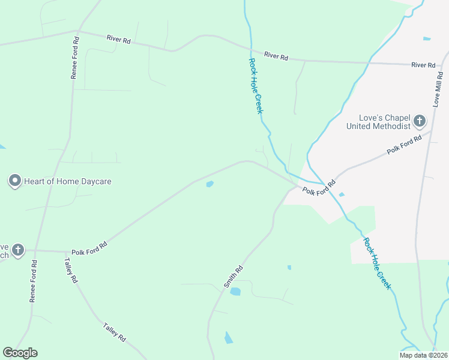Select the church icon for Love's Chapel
click(x=420, y=122)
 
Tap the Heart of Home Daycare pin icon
click(x=15, y=181)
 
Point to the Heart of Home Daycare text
click(x=68, y=181)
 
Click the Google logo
click(x=20, y=353)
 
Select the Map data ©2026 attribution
click(x=423, y=355)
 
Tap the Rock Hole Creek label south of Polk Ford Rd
click(x=377, y=263)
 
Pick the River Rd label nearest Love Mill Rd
click(x=423, y=65)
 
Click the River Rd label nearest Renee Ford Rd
click(x=118, y=39)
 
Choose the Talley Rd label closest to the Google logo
click(x=114, y=332)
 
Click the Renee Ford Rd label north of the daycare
click(x=75, y=58)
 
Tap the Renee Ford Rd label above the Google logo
click(x=34, y=281)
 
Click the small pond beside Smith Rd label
click(x=235, y=292)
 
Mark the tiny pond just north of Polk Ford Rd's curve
click(x=209, y=184)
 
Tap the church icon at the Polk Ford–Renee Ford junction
click(x=18, y=250)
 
